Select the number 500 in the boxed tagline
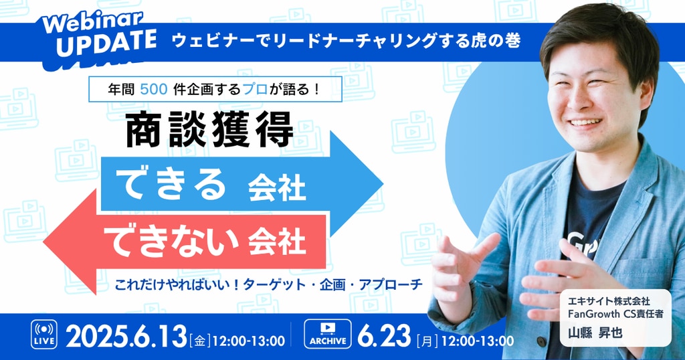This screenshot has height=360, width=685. [154, 89]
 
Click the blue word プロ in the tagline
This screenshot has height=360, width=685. [255, 89]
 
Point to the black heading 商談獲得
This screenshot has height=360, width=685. [209, 129]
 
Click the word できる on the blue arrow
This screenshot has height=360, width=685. [171, 185]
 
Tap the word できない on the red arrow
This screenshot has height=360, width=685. [171, 241]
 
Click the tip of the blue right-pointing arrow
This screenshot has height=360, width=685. [383, 184]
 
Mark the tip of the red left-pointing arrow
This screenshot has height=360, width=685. [43, 242]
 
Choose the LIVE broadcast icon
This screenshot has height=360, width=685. [43, 334]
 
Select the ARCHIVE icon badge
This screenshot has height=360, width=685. [328, 334]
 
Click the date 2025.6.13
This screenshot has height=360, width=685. [126, 337]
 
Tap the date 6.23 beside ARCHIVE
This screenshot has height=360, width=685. [384, 337]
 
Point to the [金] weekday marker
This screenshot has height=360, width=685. [199, 341]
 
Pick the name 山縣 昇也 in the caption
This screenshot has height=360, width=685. [595, 333]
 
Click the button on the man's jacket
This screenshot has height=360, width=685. [541, 342]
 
